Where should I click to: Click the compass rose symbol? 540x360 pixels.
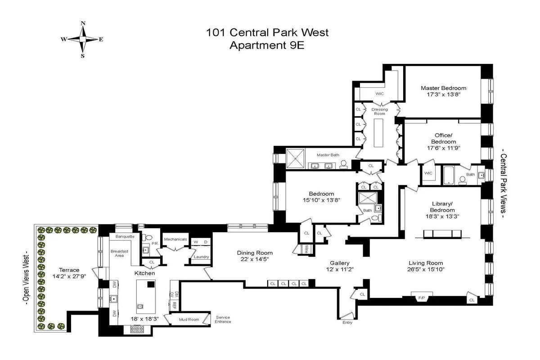click(x=82, y=39)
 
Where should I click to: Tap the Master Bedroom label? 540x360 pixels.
click(x=443, y=88)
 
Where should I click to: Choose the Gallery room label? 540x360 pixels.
click(x=339, y=263)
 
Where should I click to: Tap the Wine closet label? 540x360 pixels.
click(x=306, y=248)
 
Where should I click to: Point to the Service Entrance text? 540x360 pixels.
click(x=223, y=319)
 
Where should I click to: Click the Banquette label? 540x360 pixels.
click(x=125, y=237)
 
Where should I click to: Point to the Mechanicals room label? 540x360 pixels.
click(x=175, y=239)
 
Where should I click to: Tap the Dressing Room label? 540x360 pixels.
click(x=379, y=112)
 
